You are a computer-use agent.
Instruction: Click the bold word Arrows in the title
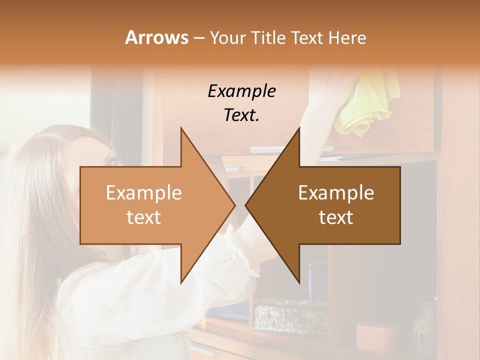[x=156, y=37]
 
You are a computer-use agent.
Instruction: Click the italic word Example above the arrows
[x=241, y=91]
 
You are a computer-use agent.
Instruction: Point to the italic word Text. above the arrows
[x=241, y=115]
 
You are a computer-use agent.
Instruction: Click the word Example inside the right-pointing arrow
[x=143, y=193]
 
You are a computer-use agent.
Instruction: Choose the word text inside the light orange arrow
[x=143, y=217]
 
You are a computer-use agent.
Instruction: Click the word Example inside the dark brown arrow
[x=336, y=193]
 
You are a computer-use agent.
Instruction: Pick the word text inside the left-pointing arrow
[x=336, y=217]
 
